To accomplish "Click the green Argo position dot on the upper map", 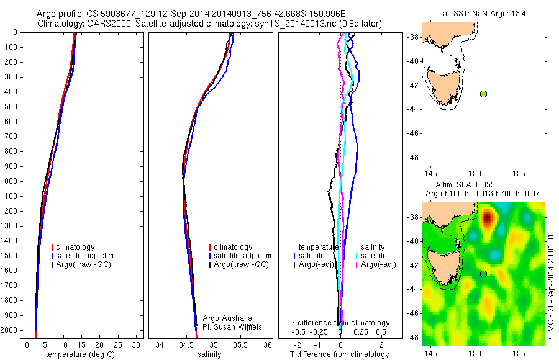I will [484, 94].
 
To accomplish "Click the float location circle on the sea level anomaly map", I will [483, 274].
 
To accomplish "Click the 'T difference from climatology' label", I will [340, 354].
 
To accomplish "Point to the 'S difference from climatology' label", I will [340, 323].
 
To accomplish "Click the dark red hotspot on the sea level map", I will [488, 218].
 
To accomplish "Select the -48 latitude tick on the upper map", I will [411, 157].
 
